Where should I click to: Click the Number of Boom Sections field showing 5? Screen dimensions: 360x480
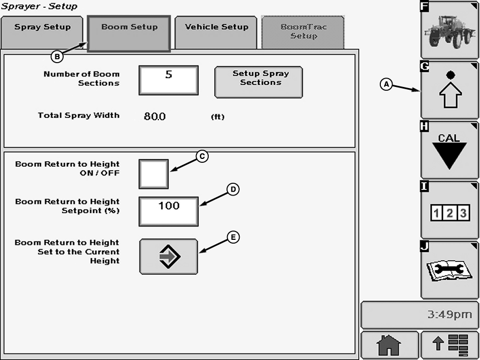(168, 80)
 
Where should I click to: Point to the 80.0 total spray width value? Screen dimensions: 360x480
(154, 116)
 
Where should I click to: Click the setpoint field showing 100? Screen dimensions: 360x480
(168, 211)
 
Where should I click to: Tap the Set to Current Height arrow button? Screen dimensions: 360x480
(168, 256)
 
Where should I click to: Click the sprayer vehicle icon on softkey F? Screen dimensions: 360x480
(449, 30)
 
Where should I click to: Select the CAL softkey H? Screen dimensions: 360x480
(449, 150)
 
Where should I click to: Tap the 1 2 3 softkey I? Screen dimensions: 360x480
(449, 210)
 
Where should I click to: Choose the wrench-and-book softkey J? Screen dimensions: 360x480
(449, 270)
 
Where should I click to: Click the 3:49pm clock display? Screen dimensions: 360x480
(419, 315)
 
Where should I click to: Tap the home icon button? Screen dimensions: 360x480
(389, 346)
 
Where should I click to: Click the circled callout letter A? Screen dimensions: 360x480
(386, 84)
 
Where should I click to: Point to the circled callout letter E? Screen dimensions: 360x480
(233, 237)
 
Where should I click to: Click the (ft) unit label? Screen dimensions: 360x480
(218, 117)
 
